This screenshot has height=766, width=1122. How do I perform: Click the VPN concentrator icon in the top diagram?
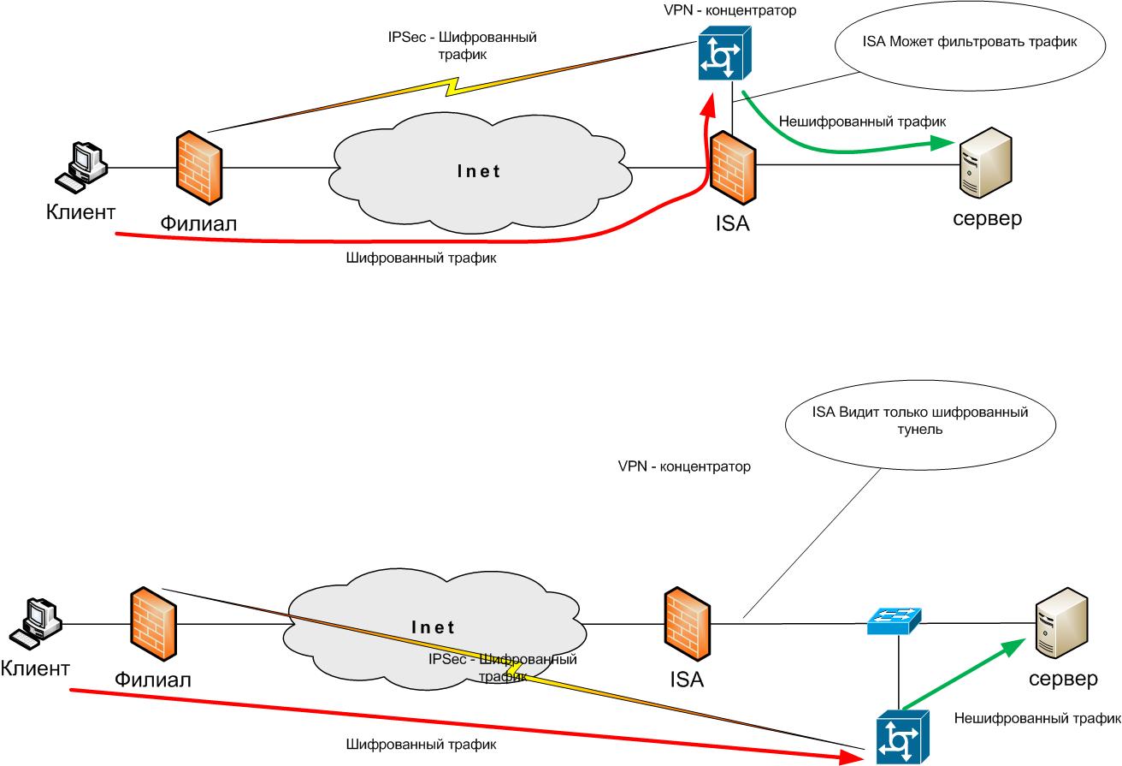point(723,54)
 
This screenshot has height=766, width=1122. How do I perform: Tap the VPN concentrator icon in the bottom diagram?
point(898,737)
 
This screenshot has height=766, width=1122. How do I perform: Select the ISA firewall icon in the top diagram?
point(731,167)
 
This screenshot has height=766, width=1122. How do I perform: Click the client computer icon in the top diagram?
point(81,167)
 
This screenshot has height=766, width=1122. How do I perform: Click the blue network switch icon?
point(891,621)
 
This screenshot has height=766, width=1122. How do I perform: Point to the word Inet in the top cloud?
point(478,171)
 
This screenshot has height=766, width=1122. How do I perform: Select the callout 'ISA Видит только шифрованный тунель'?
point(919,421)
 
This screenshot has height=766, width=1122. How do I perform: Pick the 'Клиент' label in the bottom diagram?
point(35,667)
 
